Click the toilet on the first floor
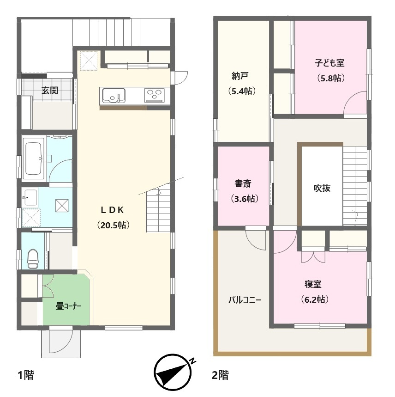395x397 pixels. click(x=33, y=259)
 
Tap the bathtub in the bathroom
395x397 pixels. click(x=33, y=159)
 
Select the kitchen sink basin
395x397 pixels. click(x=114, y=96)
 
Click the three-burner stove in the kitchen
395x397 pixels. click(x=154, y=95)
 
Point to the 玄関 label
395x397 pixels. click(x=50, y=90)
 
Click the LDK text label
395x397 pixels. click(x=112, y=210)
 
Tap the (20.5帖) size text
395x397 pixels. click(x=114, y=225)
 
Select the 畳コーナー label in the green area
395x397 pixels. click(x=68, y=306)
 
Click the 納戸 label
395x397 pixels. click(x=240, y=76)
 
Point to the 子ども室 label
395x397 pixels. click(x=329, y=62)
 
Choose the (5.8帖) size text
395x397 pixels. click(x=331, y=78)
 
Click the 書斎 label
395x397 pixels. click(x=243, y=183)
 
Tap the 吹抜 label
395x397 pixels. click(x=322, y=188)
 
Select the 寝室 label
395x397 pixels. click(x=313, y=284)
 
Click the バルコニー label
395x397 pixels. click(x=245, y=300)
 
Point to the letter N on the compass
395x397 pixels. click(x=193, y=360)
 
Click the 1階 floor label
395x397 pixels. click(x=26, y=375)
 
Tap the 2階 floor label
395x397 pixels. click(x=220, y=375)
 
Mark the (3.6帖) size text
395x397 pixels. click(x=245, y=199)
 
